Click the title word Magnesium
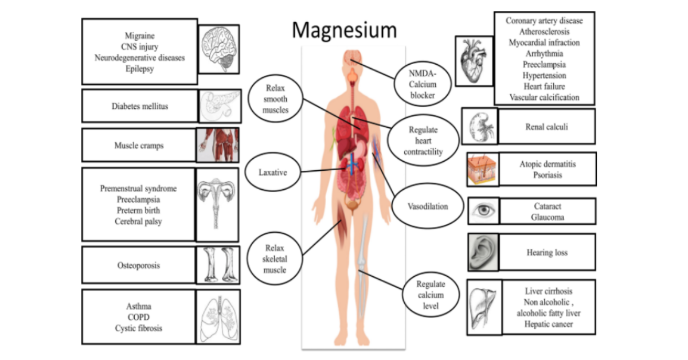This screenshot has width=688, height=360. click(343, 30)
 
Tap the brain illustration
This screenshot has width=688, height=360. click(218, 48)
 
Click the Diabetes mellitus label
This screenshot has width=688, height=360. click(139, 106)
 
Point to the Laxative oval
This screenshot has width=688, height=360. click(272, 171)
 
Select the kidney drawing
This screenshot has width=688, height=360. click(479, 126)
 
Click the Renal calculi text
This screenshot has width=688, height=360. click(546, 127)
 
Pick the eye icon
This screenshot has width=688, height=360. click(483, 211)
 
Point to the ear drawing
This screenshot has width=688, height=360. click(483, 252)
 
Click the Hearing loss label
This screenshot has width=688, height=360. click(546, 252)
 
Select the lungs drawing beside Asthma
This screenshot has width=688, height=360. click(218, 316)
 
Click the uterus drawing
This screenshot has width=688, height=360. click(217, 204)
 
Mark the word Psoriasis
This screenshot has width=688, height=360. click(548, 174)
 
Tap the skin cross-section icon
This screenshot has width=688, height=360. click(482, 170)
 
